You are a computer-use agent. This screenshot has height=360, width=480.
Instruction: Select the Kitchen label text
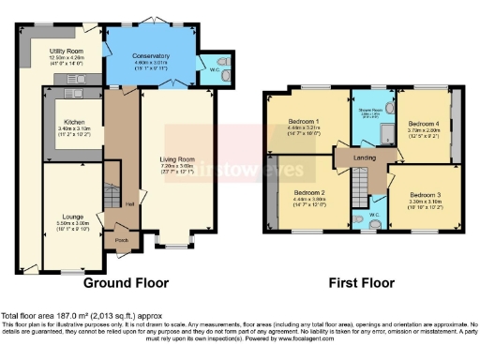[75, 121]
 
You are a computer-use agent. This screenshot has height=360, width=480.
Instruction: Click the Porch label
[121, 236]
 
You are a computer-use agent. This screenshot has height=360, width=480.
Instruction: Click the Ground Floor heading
[127, 281]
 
